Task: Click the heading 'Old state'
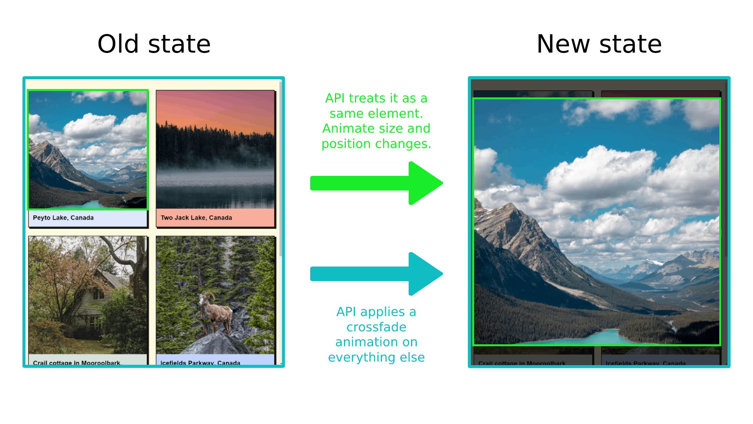(154, 44)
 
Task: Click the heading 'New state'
(599, 44)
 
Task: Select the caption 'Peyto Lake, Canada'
(63, 218)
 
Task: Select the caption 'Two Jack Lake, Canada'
(196, 218)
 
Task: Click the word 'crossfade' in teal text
(376, 327)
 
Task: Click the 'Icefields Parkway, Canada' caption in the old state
(200, 362)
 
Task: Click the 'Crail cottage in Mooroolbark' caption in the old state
(77, 362)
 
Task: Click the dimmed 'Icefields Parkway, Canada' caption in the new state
(645, 363)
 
